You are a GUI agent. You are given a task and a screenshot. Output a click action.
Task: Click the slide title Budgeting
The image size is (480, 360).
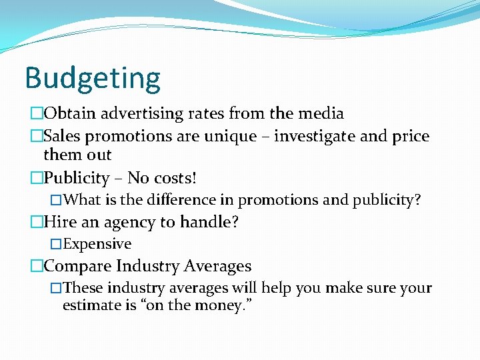[x=93, y=78]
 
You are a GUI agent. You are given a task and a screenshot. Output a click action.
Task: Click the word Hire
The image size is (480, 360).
[x=59, y=223]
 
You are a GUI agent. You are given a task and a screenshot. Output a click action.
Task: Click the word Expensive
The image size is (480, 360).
[x=97, y=244]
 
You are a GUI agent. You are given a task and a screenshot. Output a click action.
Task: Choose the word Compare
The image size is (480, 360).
[x=77, y=267]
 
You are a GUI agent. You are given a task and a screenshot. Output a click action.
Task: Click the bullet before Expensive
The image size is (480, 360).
[x=56, y=244]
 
